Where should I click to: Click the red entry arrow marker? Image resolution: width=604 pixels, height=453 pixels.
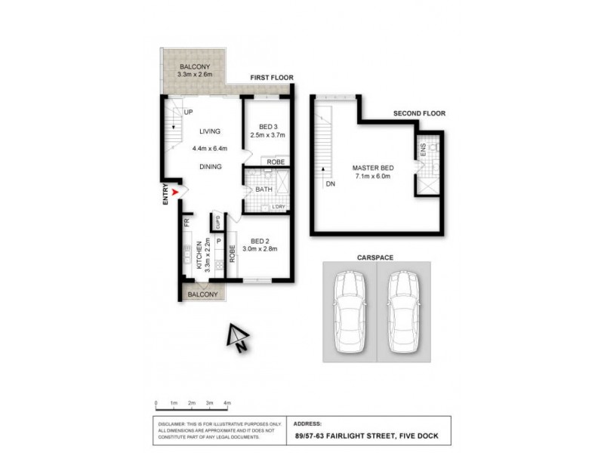(176, 193)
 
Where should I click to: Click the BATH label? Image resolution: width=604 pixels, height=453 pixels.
(263, 190)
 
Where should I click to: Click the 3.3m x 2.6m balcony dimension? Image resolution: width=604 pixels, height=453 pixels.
(195, 75)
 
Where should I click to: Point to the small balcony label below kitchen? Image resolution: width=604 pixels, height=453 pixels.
(202, 294)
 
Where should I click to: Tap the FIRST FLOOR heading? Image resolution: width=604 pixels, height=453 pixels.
(271, 78)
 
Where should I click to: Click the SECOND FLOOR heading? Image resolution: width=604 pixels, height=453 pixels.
(419, 113)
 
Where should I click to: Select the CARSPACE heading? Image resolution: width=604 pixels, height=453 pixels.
(376, 257)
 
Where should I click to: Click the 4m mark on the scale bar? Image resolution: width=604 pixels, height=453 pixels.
(227, 404)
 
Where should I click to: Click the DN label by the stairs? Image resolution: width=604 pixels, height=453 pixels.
(330, 183)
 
